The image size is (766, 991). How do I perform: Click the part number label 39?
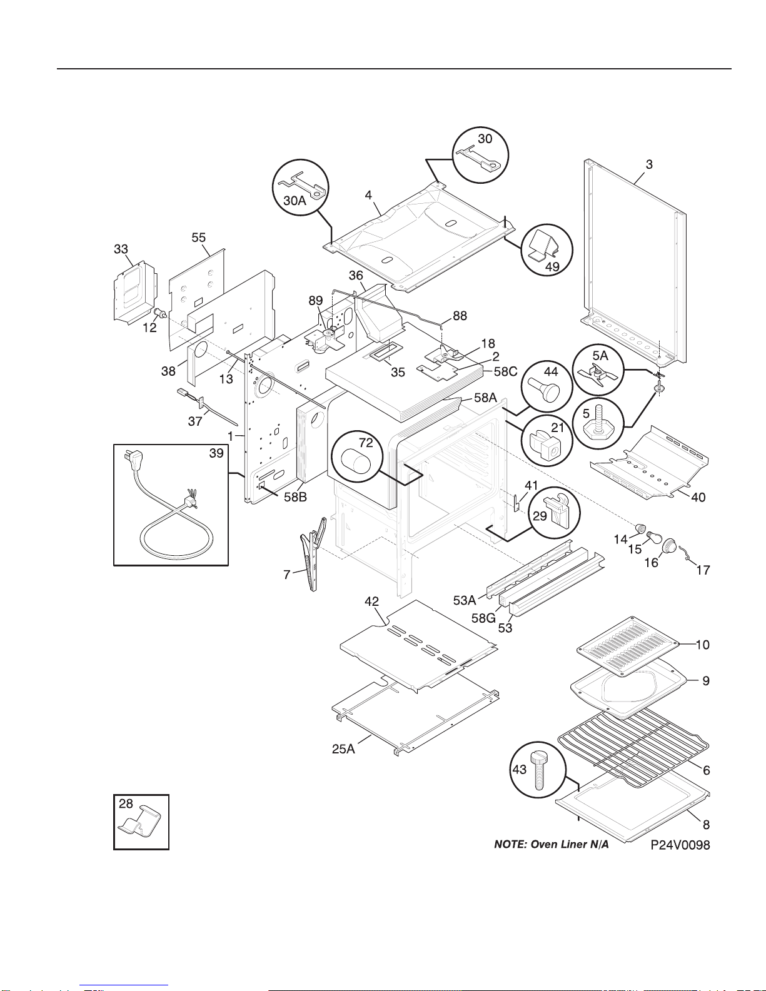coord(216,453)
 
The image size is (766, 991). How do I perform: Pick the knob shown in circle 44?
coord(543,388)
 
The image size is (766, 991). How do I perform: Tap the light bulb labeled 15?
coord(655,537)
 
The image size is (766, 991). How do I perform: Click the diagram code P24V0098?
coord(680,845)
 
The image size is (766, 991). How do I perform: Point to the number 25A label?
coord(343,749)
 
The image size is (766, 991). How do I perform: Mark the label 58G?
coord(483,618)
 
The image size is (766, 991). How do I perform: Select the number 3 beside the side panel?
coord(649,164)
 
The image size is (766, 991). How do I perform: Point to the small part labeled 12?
coord(160,313)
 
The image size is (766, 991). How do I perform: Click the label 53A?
coord(464,600)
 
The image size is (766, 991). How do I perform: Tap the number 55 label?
coord(198,238)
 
